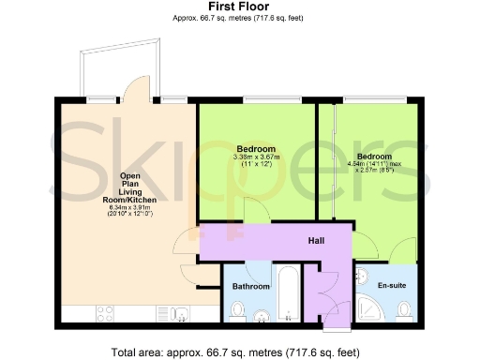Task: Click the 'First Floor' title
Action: pos(239,7)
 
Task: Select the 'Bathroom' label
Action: pos(251,287)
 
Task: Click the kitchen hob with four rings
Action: pos(105,314)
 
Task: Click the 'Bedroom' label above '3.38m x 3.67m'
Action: pos(255,149)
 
